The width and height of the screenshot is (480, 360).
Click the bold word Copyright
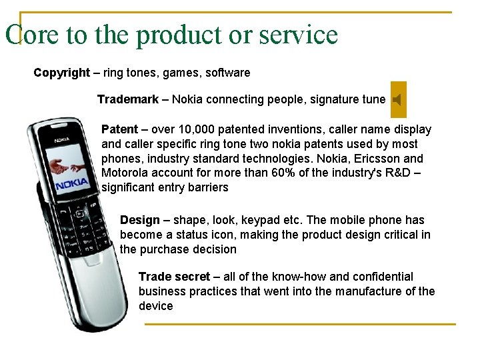62,72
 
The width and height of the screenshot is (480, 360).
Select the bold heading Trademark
128,99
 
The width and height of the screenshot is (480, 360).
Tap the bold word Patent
119,129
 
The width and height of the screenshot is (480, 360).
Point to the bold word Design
139,220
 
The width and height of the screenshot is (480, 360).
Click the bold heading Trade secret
174,277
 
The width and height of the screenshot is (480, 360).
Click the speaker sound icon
397,100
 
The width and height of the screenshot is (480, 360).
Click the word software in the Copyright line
228,72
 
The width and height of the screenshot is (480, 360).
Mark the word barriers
206,188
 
